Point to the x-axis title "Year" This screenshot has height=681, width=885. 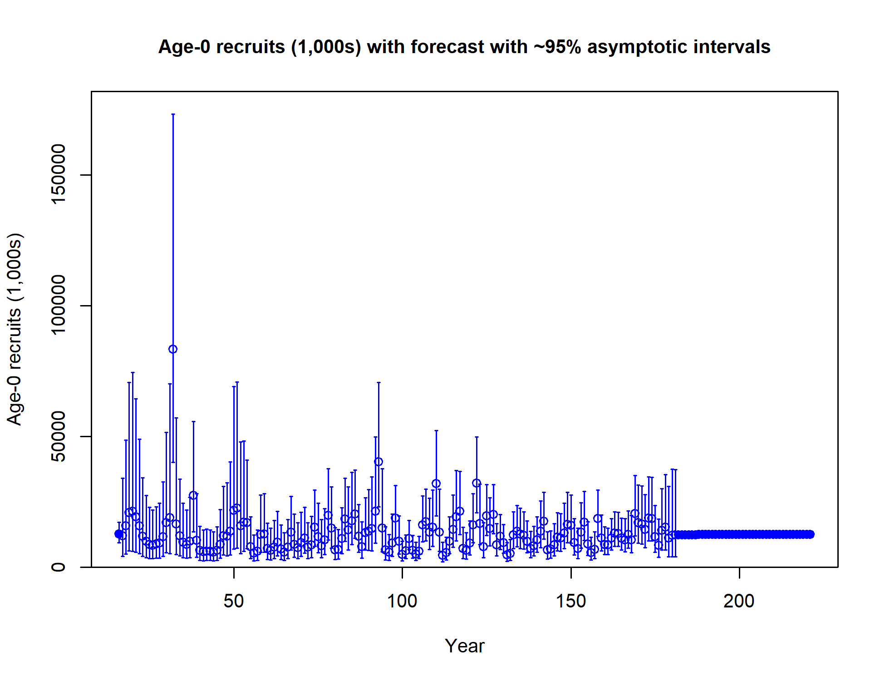464,646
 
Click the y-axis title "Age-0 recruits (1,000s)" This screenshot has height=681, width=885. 15,329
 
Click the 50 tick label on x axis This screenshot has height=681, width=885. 234,601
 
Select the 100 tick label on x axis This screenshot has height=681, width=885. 402,601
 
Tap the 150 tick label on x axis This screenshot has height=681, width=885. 571,601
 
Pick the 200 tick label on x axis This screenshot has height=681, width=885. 739,601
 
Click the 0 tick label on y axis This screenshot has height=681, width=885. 58,567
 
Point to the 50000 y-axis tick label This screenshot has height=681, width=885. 58,436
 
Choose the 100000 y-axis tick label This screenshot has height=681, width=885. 58,306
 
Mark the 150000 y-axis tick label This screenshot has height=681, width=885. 58,175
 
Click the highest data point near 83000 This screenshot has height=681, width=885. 173,349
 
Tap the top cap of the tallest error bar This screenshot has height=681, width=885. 173,114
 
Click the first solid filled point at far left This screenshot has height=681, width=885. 119,534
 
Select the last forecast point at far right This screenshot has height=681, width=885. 810,534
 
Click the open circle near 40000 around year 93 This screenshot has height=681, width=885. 379,462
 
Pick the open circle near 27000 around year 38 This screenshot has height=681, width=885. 193,495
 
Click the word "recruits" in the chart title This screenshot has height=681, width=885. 251,47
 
